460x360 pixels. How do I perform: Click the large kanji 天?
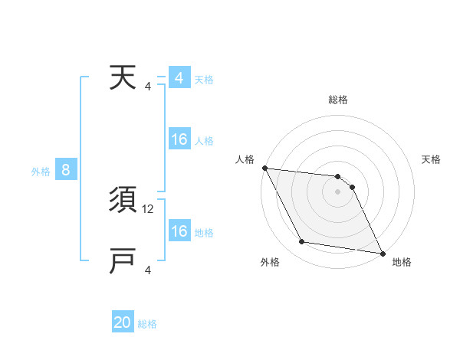[123, 78]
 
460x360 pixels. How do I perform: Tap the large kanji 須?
[123, 201]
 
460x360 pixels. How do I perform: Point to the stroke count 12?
[149, 208]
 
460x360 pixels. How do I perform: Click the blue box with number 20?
[123, 322]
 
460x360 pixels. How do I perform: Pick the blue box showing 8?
[66, 170]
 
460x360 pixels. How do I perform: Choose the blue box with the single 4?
[179, 78]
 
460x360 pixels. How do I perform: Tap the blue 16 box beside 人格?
[179, 139]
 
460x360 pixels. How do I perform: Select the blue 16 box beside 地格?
[179, 231]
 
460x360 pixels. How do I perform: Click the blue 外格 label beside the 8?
[41, 172]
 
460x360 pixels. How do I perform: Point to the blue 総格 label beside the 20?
[147, 324]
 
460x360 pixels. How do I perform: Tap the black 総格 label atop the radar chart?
[337, 100]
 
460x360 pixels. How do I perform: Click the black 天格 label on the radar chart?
[431, 159]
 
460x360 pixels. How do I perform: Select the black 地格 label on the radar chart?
[402, 262]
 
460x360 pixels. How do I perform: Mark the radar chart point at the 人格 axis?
[264, 168]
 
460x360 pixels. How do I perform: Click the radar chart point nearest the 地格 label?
[382, 252]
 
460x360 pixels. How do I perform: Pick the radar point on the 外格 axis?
[302, 242]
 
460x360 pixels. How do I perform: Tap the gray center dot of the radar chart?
[337, 191]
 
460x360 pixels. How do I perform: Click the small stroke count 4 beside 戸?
[148, 270]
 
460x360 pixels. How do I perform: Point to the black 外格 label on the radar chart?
[270, 262]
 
